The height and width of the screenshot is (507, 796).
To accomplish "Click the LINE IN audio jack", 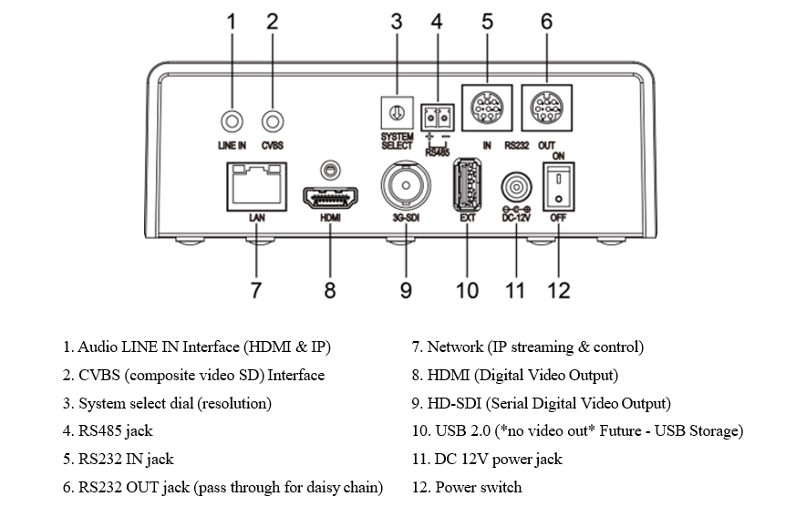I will [233, 120].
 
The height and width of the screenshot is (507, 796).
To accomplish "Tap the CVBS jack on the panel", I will [272, 120].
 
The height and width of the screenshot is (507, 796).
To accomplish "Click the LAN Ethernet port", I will [255, 186].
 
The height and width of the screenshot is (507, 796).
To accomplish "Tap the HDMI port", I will [329, 197].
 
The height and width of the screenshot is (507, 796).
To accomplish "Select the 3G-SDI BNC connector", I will [405, 187].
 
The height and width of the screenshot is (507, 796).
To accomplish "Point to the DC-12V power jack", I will [516, 190].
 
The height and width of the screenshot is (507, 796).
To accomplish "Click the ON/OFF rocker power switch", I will [557, 186].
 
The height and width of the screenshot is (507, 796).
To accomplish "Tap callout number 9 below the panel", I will [405, 290].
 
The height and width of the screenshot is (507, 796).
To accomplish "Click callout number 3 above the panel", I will [397, 21].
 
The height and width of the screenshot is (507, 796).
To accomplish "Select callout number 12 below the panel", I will [557, 290].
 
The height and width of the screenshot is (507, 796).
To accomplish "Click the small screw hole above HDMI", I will [329, 169].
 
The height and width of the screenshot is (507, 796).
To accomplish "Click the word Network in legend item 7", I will [456, 347].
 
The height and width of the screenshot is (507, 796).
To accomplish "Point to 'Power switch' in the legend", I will [478, 487].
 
